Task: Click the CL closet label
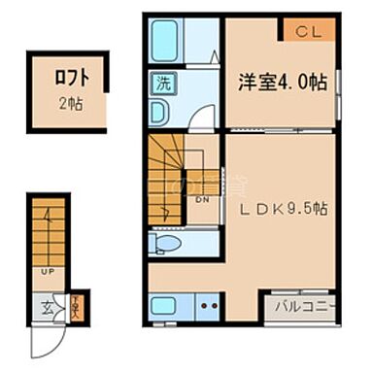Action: click(x=309, y=31)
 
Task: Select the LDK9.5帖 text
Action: click(x=283, y=207)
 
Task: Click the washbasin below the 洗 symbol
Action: click(x=160, y=112)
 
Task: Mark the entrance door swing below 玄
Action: click(x=48, y=337)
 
